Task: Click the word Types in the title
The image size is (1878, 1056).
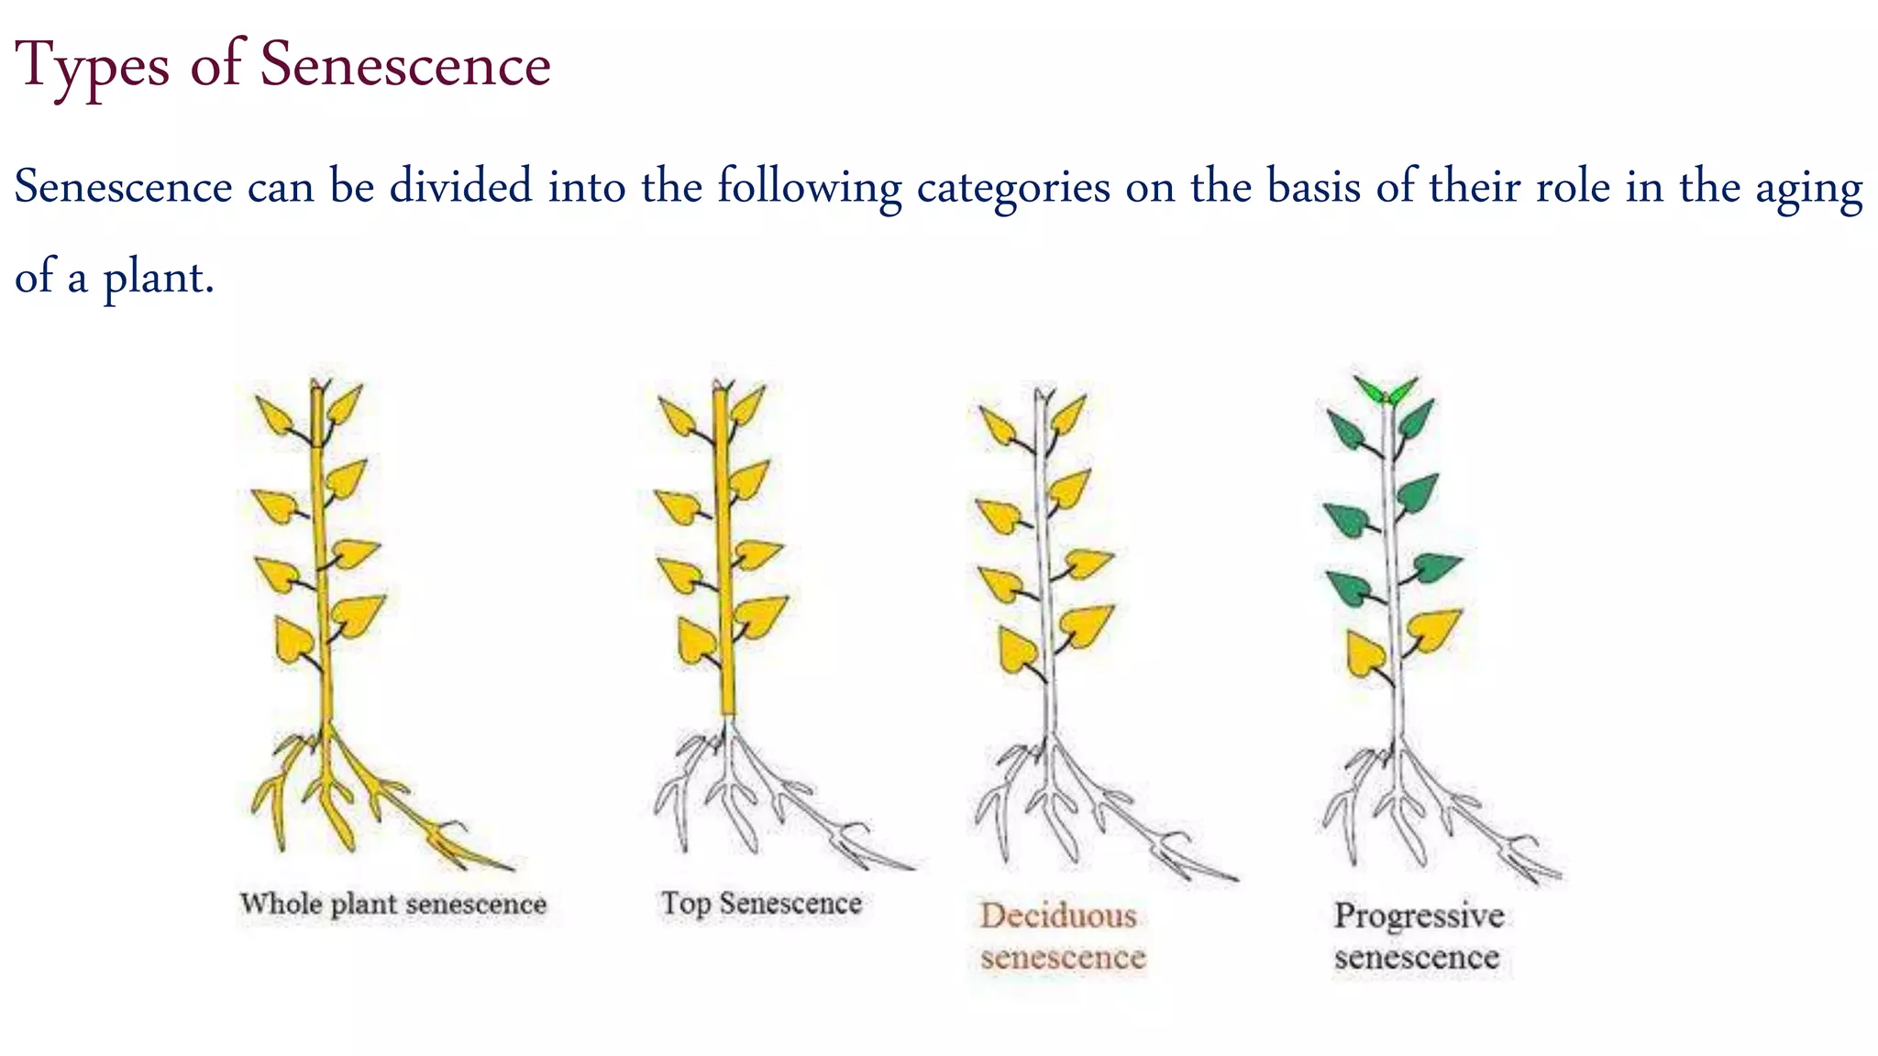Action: pos(93,66)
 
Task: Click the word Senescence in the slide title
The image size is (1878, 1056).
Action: pos(404,66)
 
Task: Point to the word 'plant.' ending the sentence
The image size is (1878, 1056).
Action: pos(158,277)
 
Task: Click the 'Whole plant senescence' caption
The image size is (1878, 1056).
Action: pos(392,904)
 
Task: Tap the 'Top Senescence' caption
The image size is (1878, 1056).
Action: pos(761,903)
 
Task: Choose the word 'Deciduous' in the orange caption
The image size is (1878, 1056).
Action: pos(1057,916)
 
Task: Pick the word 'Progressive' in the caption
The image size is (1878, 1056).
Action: pos(1418,916)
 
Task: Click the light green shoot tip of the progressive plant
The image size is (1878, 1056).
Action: pos(1385,391)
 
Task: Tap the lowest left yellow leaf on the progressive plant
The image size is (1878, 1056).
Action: pos(1365,654)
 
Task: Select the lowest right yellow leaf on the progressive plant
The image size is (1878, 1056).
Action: pos(1431,630)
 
